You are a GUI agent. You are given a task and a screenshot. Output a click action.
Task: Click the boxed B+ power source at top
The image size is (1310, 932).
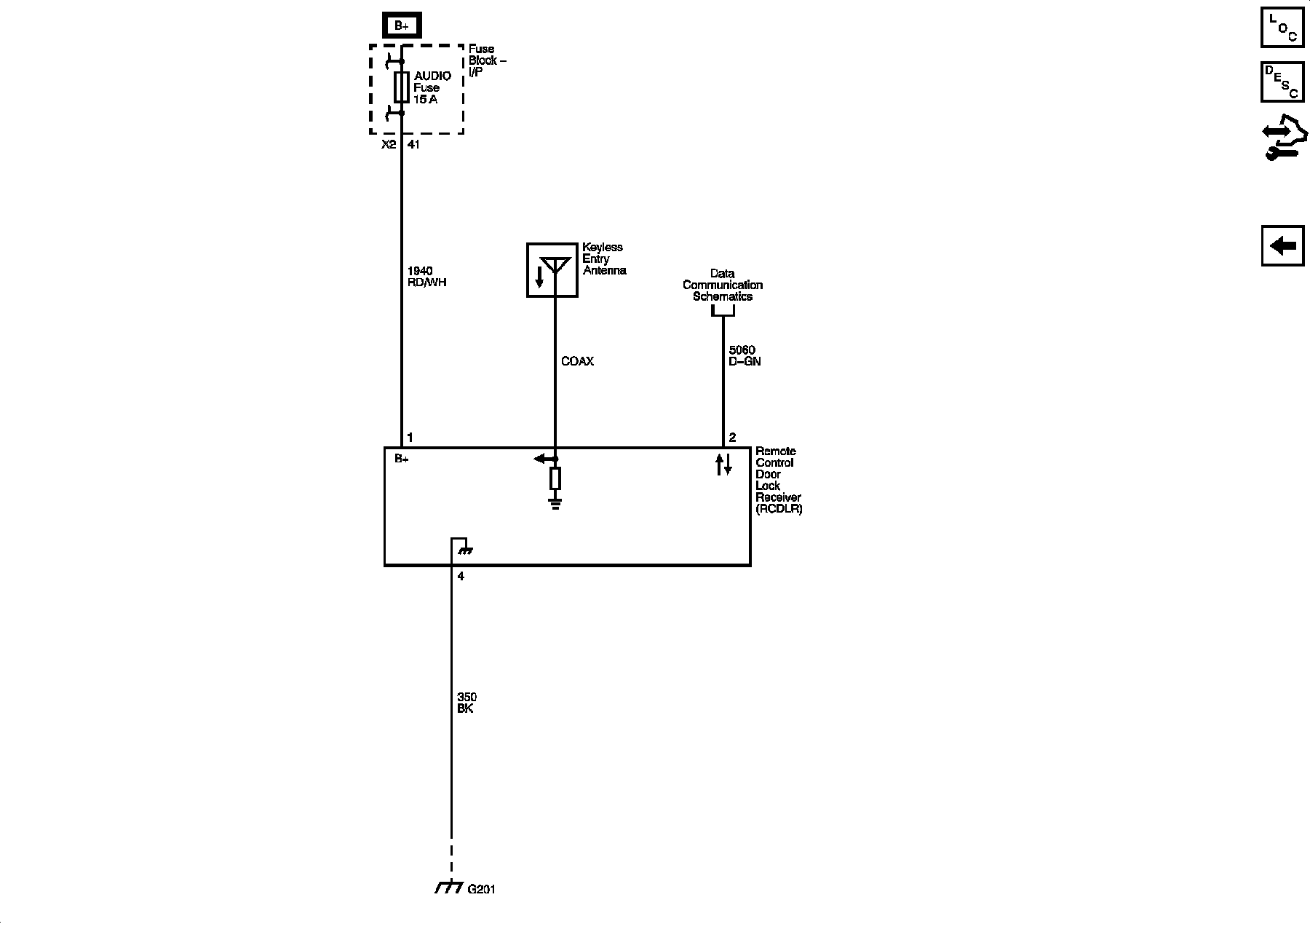click(402, 26)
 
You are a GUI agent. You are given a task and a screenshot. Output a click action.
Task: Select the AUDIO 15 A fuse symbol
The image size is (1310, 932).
click(401, 87)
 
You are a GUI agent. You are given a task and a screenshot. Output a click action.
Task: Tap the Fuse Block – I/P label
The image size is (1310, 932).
click(487, 60)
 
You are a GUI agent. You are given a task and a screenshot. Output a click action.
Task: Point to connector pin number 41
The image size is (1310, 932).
click(413, 145)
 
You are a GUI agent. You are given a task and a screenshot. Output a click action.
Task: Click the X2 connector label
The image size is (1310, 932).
click(389, 145)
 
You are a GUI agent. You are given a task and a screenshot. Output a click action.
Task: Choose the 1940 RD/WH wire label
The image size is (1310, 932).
click(426, 277)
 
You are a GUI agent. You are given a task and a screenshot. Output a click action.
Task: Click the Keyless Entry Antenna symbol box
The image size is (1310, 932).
click(552, 270)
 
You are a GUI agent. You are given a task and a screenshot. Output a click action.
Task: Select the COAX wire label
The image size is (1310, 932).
click(577, 361)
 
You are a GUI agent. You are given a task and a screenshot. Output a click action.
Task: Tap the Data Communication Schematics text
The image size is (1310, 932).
click(722, 285)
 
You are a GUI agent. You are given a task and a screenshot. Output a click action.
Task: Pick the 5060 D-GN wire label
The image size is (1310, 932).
click(745, 355)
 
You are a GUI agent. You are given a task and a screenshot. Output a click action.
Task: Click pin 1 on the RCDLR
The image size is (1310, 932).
click(410, 438)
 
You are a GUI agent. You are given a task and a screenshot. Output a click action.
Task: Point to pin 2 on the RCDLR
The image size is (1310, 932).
click(732, 438)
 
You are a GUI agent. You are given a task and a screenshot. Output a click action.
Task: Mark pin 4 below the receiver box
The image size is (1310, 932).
click(461, 577)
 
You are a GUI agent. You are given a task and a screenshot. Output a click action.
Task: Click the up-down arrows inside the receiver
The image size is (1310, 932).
click(723, 465)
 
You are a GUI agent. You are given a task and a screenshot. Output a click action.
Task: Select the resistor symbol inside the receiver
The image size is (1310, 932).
click(555, 478)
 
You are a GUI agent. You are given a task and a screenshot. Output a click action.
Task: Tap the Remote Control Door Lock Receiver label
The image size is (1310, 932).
click(778, 480)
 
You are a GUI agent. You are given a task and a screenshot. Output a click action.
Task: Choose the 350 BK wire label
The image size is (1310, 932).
click(467, 703)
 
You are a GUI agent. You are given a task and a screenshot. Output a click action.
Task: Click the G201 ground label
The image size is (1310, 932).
click(481, 889)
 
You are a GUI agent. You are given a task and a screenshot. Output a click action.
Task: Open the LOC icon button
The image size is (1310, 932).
click(1282, 27)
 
